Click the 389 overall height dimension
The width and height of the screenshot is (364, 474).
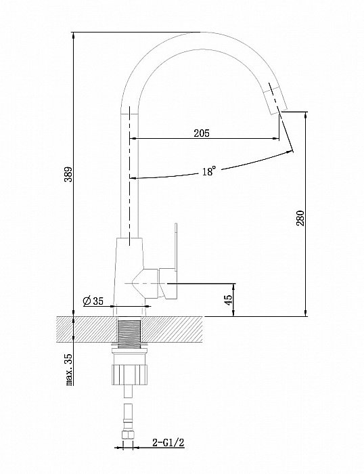click(70, 174)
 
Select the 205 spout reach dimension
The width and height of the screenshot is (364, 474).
click(202, 133)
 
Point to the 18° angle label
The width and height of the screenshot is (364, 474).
click(209, 171)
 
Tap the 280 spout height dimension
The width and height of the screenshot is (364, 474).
click(300, 218)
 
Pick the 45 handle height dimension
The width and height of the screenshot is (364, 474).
click(229, 299)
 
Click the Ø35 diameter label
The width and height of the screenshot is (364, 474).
click(93, 301)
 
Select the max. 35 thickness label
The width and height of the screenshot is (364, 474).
click(70, 370)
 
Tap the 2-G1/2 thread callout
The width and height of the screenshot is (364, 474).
click(168, 443)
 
